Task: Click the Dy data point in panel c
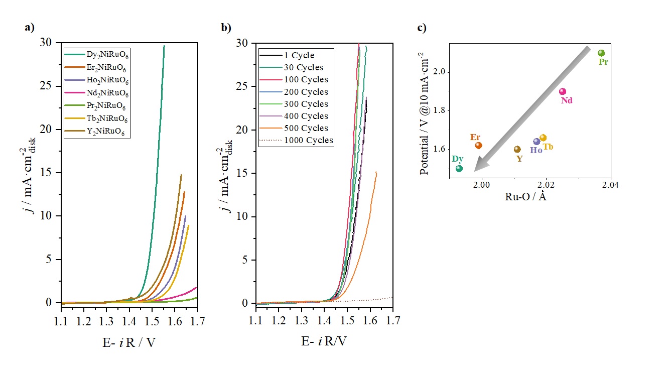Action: click(x=459, y=169)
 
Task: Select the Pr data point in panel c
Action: click(x=601, y=53)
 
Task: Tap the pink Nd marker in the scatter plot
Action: click(x=563, y=91)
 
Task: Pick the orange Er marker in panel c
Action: click(x=478, y=146)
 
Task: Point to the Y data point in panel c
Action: click(x=517, y=149)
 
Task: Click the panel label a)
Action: click(x=30, y=28)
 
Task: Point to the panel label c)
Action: click(x=422, y=28)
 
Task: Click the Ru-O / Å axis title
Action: click(x=525, y=197)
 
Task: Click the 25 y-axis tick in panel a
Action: click(x=46, y=86)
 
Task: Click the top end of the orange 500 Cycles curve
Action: click(x=376, y=172)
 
